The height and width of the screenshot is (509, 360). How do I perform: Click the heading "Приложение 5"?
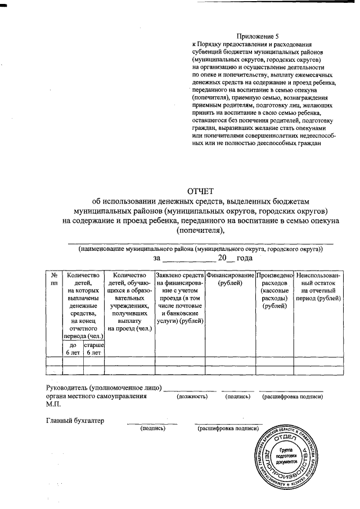pos(258,35)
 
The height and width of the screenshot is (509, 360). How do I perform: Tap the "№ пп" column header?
pos(54,279)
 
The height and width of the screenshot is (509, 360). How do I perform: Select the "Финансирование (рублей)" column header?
pos(230,279)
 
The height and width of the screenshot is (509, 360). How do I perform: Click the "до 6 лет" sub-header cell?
pos(73,348)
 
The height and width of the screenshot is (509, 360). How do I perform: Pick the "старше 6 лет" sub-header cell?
pos(94,348)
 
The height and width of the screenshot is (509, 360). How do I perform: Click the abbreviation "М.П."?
pos(53,404)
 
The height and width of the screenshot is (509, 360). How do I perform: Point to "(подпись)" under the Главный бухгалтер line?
pos(152,428)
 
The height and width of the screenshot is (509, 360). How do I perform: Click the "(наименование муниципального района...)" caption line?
pos(201,248)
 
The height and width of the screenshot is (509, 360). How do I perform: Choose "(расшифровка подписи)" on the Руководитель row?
pos(292,397)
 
